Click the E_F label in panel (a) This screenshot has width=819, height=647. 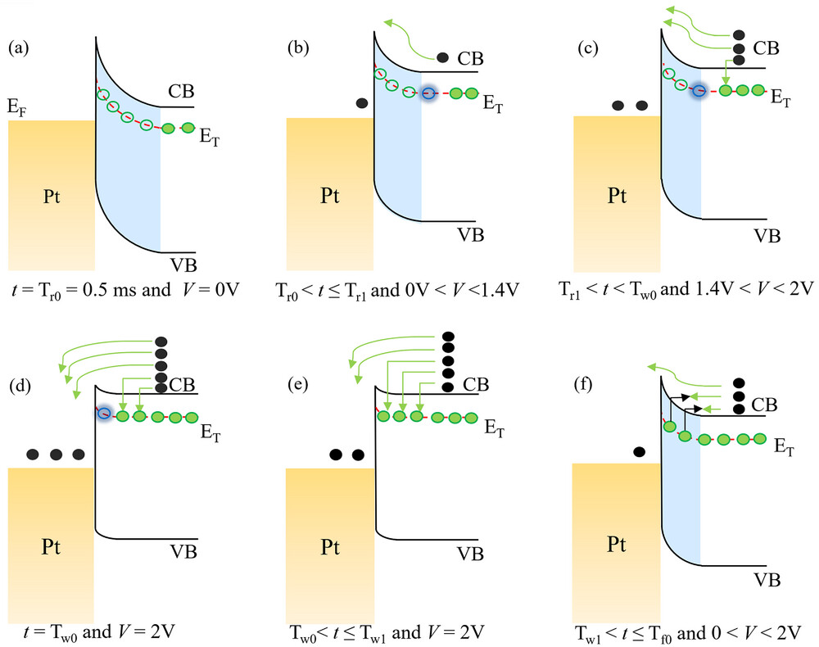pyautogui.click(x=17, y=106)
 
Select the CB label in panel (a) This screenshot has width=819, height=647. pyautogui.click(x=181, y=90)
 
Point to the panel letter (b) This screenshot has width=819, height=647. pyautogui.click(x=297, y=48)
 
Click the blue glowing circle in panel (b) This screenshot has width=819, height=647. pyautogui.click(x=428, y=93)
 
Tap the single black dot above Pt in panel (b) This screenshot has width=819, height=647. pyautogui.click(x=362, y=103)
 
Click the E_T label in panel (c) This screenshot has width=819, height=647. pyautogui.click(x=781, y=96)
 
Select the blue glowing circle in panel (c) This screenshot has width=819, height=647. pyautogui.click(x=698, y=90)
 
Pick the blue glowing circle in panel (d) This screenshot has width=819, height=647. pyautogui.click(x=104, y=414)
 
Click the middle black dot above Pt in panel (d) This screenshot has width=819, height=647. pyautogui.click(x=56, y=454)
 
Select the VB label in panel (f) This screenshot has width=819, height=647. pyautogui.click(x=767, y=579)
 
